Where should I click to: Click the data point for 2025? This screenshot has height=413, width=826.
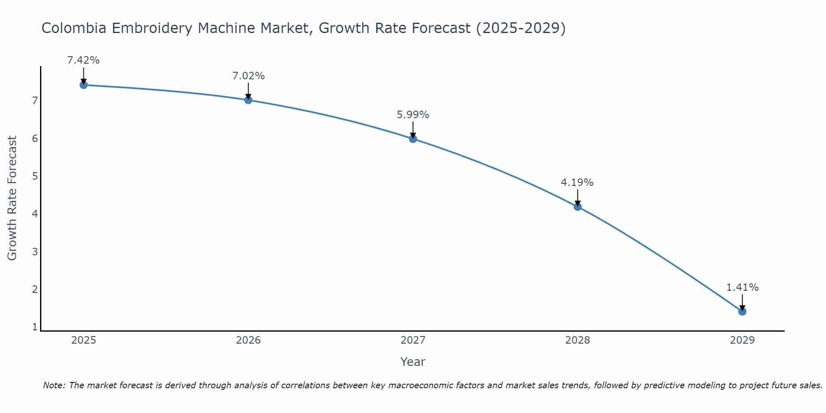click(x=83, y=85)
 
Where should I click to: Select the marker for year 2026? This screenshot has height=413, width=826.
click(x=248, y=100)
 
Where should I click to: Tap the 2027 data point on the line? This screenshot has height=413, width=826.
click(x=413, y=139)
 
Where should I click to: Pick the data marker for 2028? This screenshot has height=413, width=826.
click(x=578, y=206)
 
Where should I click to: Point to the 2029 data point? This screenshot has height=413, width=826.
click(x=742, y=311)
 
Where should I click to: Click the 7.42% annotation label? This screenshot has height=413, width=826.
click(x=83, y=60)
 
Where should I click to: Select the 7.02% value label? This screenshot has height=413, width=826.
click(x=248, y=76)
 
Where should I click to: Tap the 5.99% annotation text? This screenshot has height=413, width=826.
click(x=413, y=115)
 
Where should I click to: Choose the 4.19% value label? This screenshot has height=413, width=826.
click(x=577, y=183)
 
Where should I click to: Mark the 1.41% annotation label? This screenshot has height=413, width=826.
click(x=742, y=287)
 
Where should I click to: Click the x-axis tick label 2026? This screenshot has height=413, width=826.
click(x=248, y=340)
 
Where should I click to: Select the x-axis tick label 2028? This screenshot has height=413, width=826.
click(x=578, y=340)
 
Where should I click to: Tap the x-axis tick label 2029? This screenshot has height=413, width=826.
click(x=742, y=340)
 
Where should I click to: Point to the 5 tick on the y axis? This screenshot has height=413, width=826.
click(x=35, y=176)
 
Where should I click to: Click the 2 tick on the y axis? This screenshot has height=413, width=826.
click(x=35, y=290)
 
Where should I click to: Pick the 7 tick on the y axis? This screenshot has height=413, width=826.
click(x=35, y=101)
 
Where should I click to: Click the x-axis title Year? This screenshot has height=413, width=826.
click(x=413, y=362)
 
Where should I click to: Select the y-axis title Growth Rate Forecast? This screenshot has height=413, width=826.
click(x=12, y=198)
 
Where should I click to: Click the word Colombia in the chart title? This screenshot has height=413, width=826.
click(x=74, y=28)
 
